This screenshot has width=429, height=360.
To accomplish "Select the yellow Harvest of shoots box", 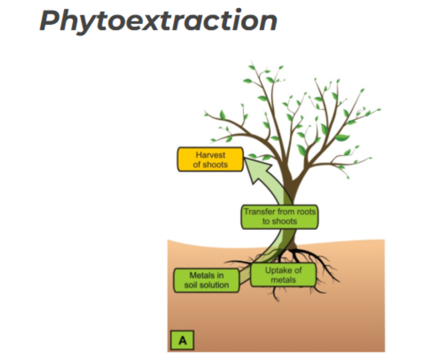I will click(x=210, y=159).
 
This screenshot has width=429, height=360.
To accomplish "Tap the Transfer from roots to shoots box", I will click(x=279, y=217).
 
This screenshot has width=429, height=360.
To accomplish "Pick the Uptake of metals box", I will click(x=283, y=275).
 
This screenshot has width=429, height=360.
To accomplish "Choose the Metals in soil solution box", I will click(x=207, y=280).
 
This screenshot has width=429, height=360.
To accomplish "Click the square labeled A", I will click(x=182, y=340).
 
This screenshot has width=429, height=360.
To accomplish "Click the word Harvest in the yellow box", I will click(x=210, y=155).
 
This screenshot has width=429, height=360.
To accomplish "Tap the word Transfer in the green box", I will click(x=258, y=212).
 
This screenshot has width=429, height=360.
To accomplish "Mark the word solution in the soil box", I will click(x=215, y=285).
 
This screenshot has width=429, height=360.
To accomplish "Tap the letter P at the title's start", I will click(x=48, y=21).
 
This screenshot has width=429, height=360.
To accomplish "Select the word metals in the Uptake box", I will click(x=283, y=280).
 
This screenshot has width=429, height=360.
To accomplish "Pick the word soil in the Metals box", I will click(x=192, y=285).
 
